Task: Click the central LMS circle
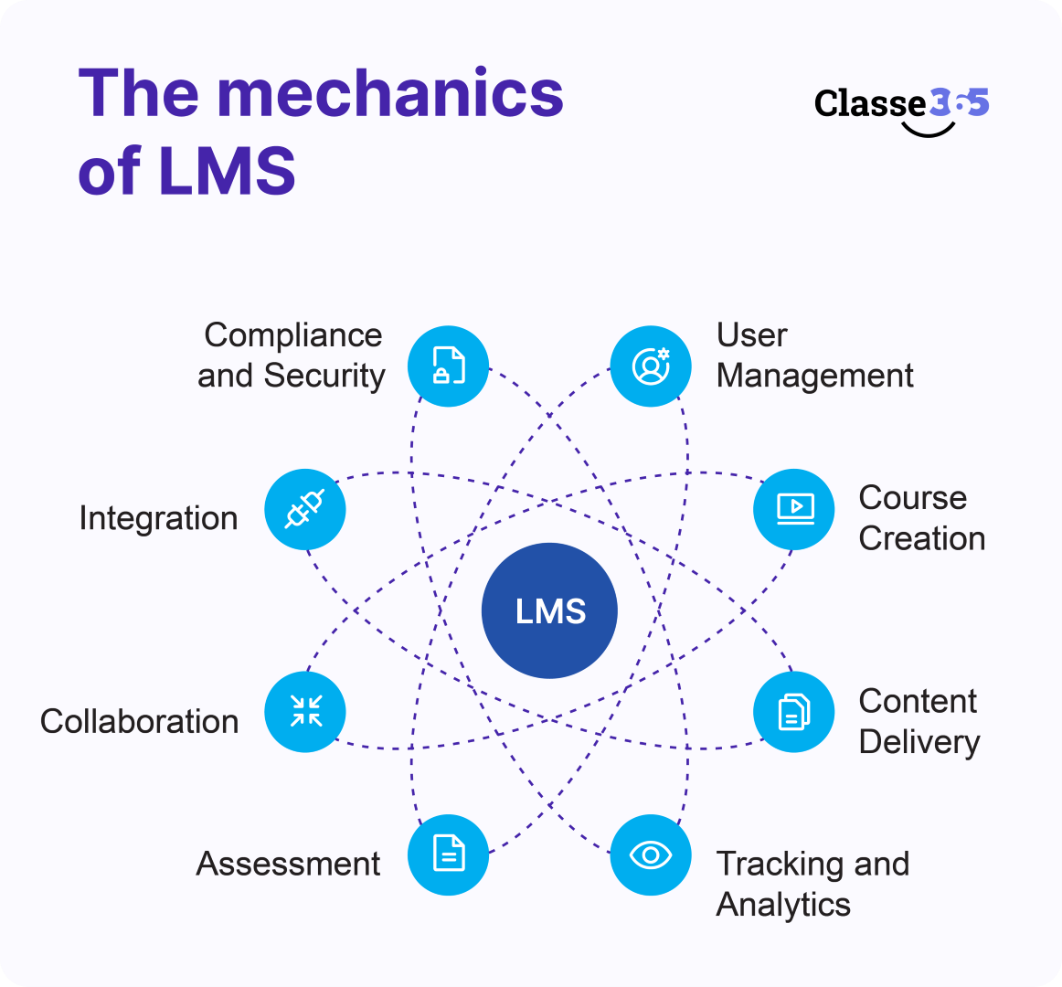549,610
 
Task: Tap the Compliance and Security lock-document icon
448,366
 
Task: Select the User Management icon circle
650,366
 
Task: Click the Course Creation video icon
794,509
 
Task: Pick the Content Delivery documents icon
794,712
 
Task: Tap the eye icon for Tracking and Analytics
650,855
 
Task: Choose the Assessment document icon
448,855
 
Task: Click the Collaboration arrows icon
305,712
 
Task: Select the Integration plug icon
305,509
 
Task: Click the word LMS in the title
228,171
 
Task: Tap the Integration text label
158,518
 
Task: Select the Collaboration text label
139,721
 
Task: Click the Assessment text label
288,864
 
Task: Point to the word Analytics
783,905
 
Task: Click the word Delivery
919,742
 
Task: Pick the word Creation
921,539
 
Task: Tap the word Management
814,376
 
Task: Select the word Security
324,376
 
